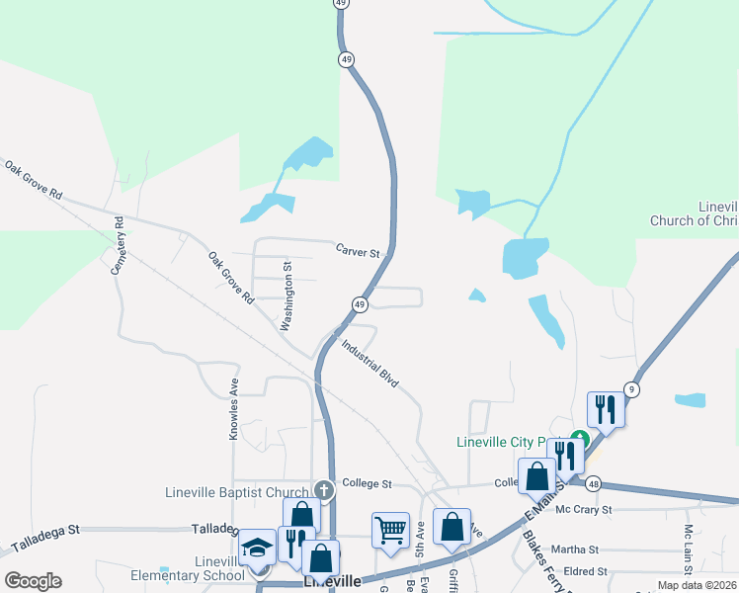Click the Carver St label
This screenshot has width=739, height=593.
357,252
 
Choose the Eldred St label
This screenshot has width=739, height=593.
584,571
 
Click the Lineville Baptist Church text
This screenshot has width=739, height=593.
237,492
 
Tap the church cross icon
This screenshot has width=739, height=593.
323,489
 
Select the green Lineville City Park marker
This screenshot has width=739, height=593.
582,441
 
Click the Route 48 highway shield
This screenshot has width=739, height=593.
592,484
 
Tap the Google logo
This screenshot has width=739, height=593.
32,580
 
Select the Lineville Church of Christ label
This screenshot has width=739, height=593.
693,214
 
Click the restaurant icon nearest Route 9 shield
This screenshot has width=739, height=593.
605,408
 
